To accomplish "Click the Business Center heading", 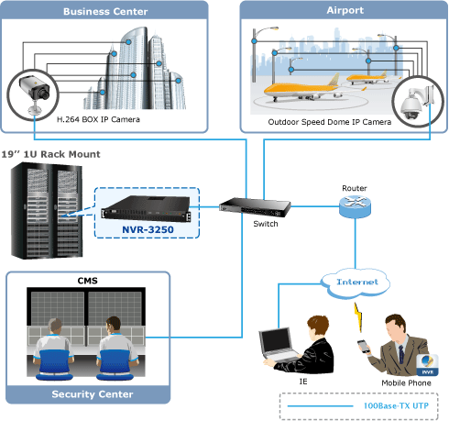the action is coord(105,12).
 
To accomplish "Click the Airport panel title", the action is coord(345,10).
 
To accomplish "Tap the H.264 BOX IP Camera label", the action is coord(98,119).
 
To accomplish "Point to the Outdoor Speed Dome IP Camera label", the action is coord(330,122).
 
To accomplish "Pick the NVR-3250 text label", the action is coord(148,229).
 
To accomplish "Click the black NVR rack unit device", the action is coord(146,208).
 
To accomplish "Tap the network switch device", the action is coord(255,207).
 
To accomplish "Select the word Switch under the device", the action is coord(266,224).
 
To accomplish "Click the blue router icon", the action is coord(355,206).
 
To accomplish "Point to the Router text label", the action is coord(355,188).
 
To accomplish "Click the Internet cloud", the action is coord(356,283).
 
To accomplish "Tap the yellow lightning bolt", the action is coord(358,317).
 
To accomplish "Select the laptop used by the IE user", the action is coord(279,345).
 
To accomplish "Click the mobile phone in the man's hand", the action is coord(364,346).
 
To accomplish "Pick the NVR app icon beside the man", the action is coord(427,365).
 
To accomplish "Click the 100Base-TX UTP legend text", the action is coord(396,405).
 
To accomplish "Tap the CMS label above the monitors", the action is coord(88,281).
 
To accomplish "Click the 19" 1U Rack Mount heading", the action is coord(50,154).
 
